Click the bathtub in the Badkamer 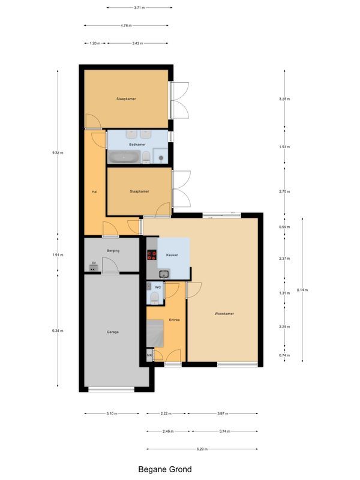(124, 157)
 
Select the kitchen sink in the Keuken (164, 274)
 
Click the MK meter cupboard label (149, 356)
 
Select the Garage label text (112, 331)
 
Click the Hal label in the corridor (94, 192)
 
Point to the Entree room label (175, 320)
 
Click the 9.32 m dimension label (58, 153)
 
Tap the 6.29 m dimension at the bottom (202, 449)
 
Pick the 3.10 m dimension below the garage (112, 413)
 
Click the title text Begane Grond (165, 470)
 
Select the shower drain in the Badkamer (161, 158)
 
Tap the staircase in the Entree (157, 331)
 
